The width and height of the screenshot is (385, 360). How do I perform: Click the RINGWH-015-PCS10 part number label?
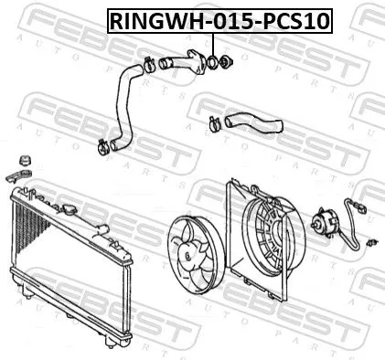coord(219,19)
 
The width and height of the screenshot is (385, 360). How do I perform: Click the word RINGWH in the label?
coord(156,19)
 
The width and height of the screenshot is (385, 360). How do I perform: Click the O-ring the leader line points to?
coord(213,63)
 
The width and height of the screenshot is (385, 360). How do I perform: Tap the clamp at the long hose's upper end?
coord(146,64)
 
